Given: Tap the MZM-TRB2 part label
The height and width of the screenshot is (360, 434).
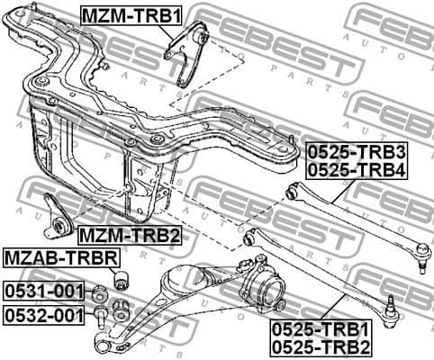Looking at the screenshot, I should pos(129,237).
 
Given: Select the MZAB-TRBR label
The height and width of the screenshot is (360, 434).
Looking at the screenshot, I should pos(60,259).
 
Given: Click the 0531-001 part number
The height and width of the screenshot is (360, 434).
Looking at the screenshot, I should pos(43,292).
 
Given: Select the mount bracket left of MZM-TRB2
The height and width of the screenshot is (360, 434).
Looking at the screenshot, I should pos(59,220).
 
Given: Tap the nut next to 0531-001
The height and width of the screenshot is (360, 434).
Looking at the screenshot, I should pos(102,292).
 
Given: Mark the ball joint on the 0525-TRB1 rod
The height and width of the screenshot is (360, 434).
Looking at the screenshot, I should pos(391,309).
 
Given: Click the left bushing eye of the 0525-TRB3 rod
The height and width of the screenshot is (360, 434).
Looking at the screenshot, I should pos(290,193).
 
